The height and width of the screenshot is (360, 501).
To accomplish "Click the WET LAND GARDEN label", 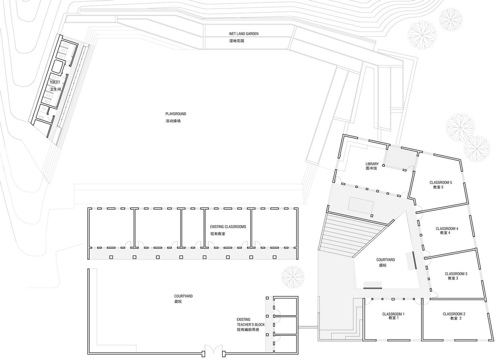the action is click(244, 34).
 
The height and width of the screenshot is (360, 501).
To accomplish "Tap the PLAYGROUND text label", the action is click(176, 114).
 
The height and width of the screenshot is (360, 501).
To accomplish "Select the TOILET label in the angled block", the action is click(55, 82).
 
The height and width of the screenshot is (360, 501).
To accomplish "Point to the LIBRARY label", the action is click(372, 164).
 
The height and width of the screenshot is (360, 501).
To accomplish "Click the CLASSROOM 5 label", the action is click(441, 182).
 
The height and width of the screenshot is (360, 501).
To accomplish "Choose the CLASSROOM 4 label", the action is click(447, 228).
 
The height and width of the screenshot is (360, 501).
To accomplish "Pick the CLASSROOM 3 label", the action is click(456, 274).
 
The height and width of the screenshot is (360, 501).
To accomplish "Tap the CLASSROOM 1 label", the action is click(393, 314).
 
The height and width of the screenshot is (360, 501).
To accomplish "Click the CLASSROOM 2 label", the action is click(454, 314).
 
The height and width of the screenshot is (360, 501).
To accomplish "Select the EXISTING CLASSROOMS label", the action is click(228, 227).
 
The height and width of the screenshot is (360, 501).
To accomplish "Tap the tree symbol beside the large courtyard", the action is click(293, 278).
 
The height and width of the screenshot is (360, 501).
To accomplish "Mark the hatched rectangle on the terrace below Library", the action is click(361, 204).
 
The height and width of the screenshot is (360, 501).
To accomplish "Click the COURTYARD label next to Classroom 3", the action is click(385, 260).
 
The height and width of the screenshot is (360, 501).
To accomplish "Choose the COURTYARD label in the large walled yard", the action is click(183, 296).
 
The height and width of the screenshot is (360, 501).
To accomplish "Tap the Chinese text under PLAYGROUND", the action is click(173, 121).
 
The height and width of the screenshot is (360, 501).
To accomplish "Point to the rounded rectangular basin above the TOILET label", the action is click(58, 66).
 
